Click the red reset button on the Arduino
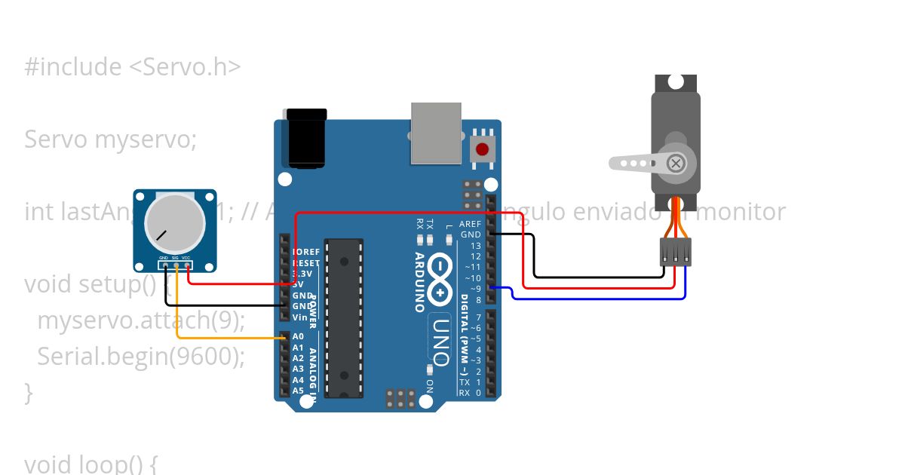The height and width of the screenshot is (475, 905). click(x=482, y=149)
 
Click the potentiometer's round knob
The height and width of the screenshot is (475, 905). click(x=174, y=223)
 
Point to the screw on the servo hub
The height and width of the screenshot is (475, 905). click(x=676, y=162)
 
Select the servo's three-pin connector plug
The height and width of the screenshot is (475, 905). click(x=675, y=251)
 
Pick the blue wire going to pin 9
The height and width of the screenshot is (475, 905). click(x=603, y=299)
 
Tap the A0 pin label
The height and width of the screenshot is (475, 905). click(x=298, y=336)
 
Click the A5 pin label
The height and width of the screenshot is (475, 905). click(x=298, y=391)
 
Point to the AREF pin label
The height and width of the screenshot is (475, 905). click(x=470, y=224)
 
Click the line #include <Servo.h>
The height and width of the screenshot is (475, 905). click(x=133, y=67)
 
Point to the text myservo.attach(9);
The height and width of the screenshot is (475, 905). click(x=141, y=320)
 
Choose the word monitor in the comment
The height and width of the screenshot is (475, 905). click(x=741, y=212)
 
